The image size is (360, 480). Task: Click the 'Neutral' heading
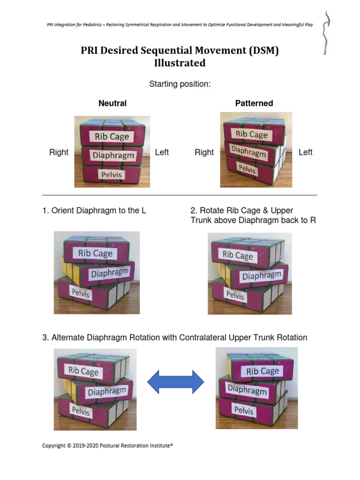(112, 103)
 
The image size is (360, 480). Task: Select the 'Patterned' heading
(254, 103)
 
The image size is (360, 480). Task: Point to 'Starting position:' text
(180, 84)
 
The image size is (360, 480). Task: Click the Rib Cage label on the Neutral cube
(112, 136)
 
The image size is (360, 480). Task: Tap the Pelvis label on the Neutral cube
(112, 174)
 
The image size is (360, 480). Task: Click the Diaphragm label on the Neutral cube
(113, 155)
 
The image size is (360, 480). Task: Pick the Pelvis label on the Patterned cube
(247, 169)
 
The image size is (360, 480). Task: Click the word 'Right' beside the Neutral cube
(59, 152)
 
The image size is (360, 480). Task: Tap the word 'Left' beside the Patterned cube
(305, 152)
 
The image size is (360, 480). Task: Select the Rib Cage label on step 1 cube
(96, 254)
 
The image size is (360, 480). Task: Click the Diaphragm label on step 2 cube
(262, 276)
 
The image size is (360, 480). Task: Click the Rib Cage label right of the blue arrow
(262, 371)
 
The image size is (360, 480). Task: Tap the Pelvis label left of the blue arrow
(81, 411)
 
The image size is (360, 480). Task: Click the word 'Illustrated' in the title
(180, 63)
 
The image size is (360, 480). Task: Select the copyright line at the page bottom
(108, 446)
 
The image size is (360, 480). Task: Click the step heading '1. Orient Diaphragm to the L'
(94, 211)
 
